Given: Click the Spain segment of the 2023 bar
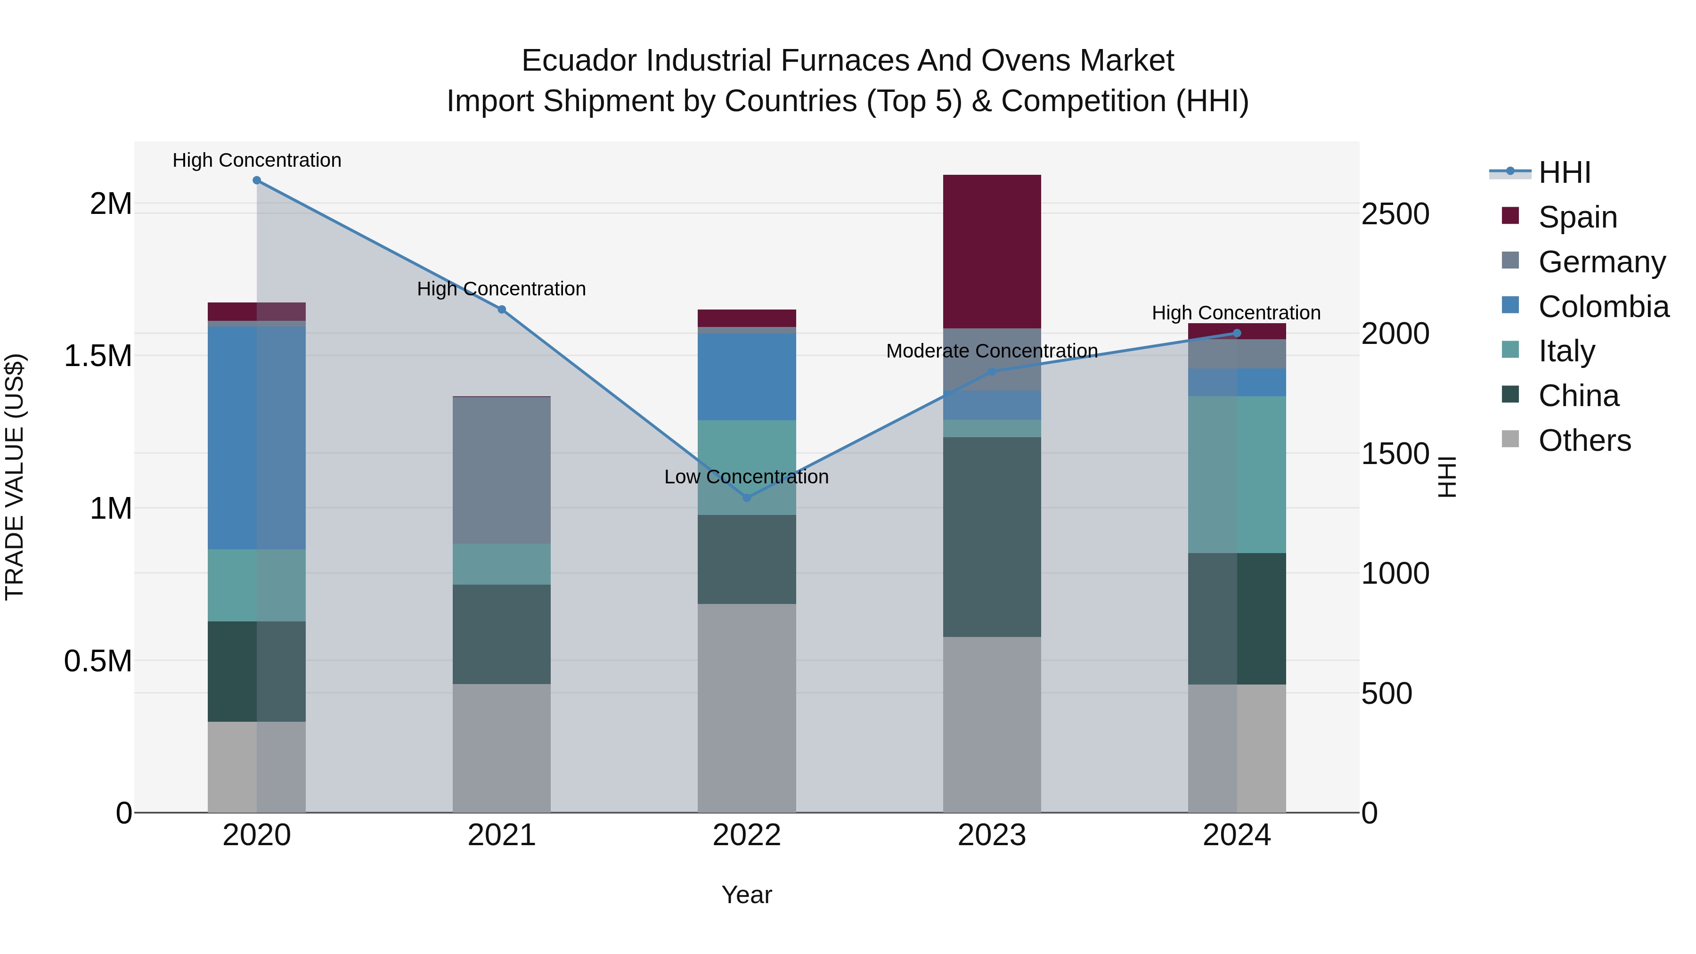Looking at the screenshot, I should (992, 252).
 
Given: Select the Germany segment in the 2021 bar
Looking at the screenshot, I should (501, 470).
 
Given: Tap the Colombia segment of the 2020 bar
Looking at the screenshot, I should (256, 438).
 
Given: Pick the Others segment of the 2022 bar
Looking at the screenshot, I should (747, 708).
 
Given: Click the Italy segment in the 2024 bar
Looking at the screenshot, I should (1237, 474).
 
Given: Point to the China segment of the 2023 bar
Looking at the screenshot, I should (992, 537).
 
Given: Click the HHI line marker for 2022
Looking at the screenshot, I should (747, 498).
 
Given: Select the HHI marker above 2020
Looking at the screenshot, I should (257, 180).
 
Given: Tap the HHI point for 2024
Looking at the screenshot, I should (1237, 333).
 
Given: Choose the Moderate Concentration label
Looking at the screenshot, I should (992, 351).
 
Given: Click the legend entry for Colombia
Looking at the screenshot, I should (1603, 307).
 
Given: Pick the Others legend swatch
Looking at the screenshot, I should (1510, 439).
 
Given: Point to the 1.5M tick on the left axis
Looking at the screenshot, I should (98, 356).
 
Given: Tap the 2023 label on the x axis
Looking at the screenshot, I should (992, 835).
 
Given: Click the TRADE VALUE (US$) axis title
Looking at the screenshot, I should (15, 477).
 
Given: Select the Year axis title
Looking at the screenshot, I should (747, 895).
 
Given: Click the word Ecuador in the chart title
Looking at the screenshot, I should (579, 61).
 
